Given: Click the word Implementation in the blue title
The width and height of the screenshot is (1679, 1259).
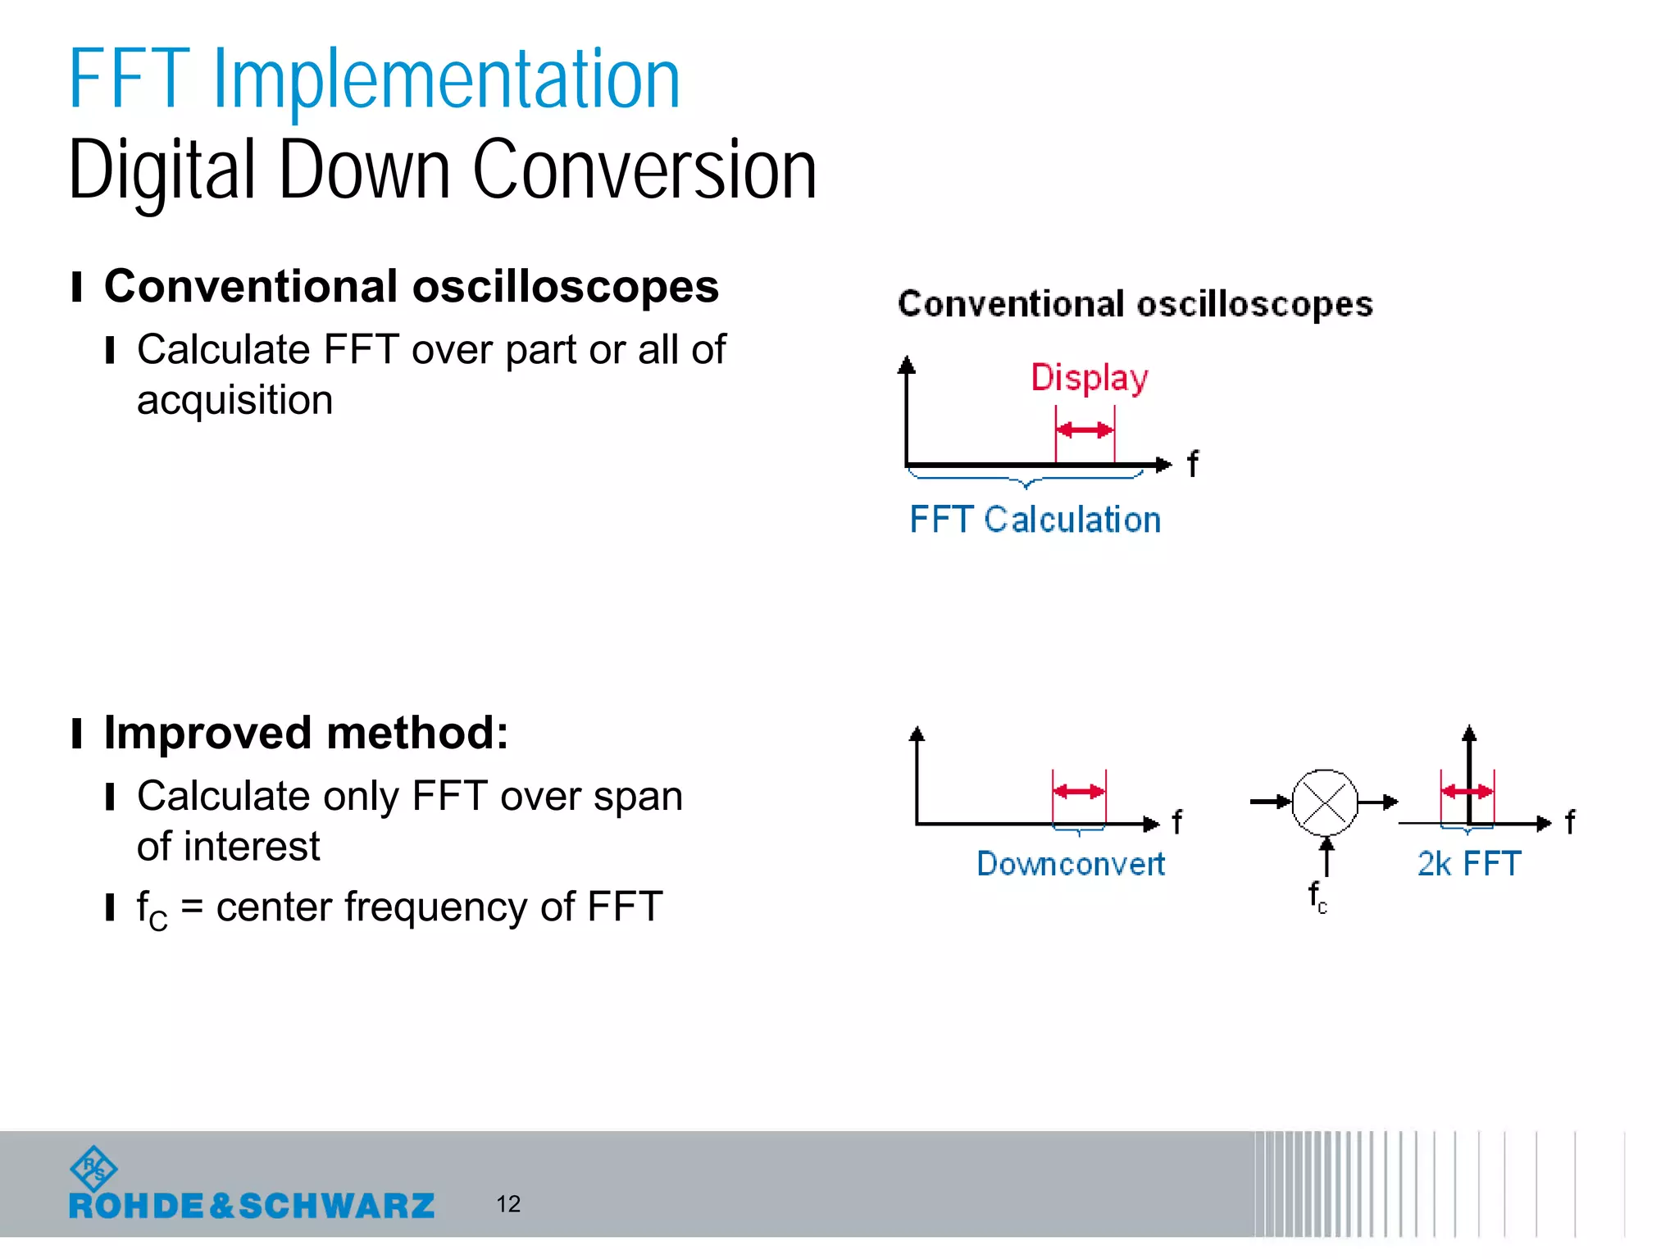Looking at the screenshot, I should point(447,80).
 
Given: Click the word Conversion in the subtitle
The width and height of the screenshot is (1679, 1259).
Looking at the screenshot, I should point(644,170).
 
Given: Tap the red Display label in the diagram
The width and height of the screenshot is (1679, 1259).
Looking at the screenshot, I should point(1089,378).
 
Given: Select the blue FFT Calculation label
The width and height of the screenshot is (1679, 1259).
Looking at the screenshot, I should point(1035,520).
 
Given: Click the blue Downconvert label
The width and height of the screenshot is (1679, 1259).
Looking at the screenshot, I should point(1070,864).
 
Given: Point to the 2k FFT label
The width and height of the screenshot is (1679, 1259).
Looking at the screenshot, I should point(1468,864).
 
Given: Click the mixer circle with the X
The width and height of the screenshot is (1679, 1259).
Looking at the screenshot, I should point(1325,802).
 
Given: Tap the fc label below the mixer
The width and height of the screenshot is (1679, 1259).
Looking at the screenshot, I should point(1317,897).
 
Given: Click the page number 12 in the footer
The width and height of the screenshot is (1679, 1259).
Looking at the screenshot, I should point(508,1203).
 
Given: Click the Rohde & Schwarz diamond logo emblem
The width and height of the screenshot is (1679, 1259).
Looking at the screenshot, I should point(93,1169).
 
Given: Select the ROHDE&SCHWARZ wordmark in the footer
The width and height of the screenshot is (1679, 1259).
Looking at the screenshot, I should point(252,1206).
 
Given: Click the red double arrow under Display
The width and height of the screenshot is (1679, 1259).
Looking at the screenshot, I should point(1085,430).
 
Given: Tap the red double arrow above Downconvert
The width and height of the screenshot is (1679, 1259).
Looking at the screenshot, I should point(1079,791).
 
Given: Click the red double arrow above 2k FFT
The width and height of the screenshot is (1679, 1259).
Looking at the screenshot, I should point(1467,791).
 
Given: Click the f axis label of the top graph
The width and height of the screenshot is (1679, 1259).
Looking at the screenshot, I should point(1193,464).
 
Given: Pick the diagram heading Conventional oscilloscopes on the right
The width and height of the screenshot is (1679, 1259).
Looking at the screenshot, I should point(1135,304).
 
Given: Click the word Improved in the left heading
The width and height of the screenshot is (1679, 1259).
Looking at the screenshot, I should point(207,732).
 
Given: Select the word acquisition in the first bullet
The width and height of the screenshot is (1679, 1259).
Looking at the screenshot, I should point(234,400).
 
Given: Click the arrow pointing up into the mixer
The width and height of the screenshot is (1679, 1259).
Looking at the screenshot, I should point(1326,855).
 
